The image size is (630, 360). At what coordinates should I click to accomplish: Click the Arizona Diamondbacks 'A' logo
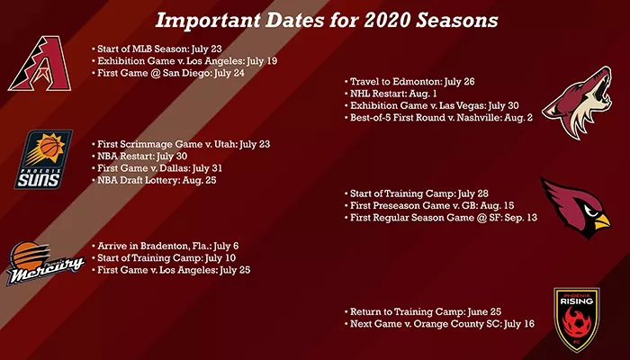click(x=40, y=64)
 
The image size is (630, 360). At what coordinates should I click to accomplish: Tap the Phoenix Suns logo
click(x=43, y=159)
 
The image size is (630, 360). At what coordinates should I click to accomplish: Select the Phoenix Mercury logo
click(x=44, y=263)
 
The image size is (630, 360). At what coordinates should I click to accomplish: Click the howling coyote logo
click(x=577, y=103)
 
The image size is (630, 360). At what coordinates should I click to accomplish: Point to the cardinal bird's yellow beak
click(x=602, y=221)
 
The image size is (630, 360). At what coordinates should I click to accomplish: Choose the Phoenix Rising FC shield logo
click(x=577, y=319)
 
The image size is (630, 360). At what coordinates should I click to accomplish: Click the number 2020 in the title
click(x=387, y=21)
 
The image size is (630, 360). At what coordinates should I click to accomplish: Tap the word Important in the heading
click(x=207, y=21)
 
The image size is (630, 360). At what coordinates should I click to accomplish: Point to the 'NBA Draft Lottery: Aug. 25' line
click(x=154, y=180)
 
